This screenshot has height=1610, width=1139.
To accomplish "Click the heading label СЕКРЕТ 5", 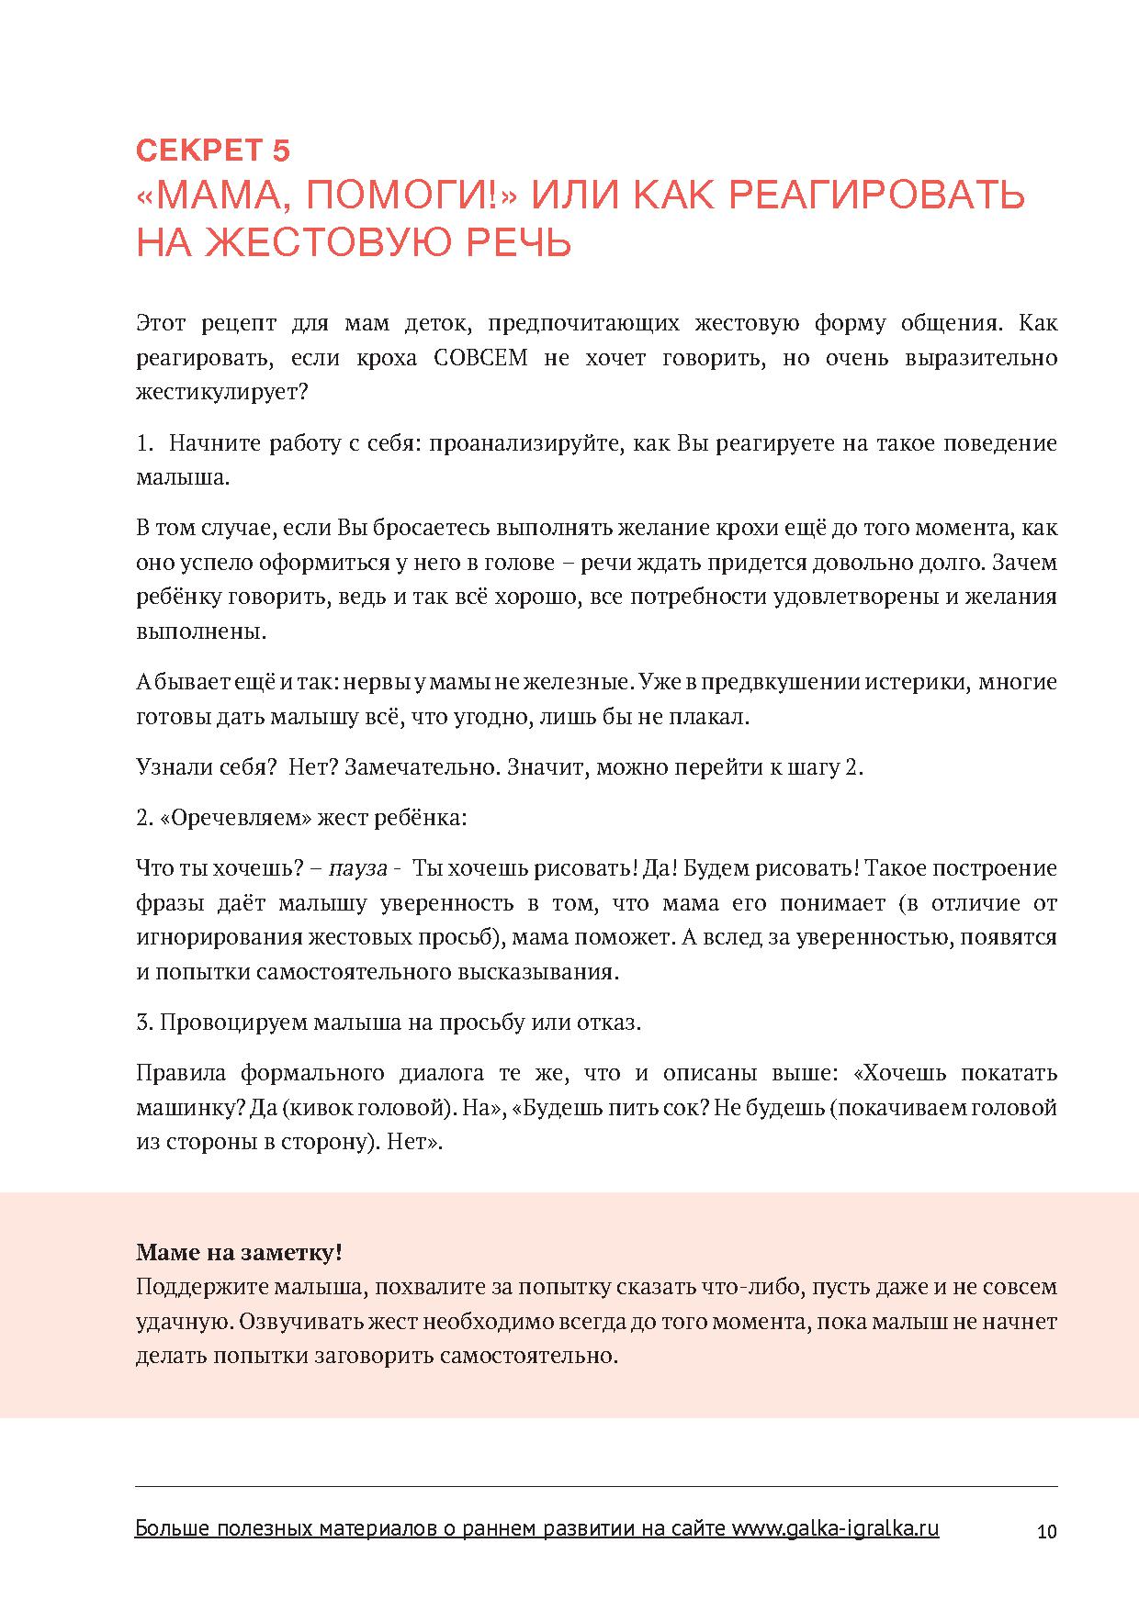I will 213,149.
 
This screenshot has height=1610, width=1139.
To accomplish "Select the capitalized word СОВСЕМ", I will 479,359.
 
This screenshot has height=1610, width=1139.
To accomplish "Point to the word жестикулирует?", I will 221,393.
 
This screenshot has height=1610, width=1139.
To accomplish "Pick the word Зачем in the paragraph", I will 1029,563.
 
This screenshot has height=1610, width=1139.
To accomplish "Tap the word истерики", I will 918,683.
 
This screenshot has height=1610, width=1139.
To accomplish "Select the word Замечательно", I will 423,768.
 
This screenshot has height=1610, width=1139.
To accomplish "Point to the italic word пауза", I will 358,869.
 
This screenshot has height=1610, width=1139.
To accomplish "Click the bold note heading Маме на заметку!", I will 239,1253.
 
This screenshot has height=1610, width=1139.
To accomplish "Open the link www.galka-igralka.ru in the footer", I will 834,1529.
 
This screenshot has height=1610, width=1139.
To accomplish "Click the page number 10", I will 1046,1532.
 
